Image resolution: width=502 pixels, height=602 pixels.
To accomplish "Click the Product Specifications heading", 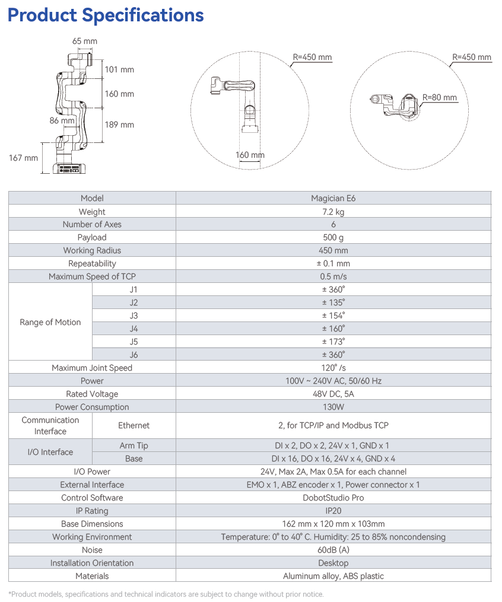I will (x=106, y=15).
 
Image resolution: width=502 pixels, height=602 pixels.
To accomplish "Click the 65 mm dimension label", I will (x=85, y=42).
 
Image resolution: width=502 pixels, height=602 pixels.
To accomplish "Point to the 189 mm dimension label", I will (x=119, y=125).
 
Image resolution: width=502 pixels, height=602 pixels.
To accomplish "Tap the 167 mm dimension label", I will (x=23, y=158).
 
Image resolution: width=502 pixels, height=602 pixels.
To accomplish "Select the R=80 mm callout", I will (x=440, y=97).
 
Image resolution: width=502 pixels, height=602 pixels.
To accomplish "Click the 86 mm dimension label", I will (x=62, y=120).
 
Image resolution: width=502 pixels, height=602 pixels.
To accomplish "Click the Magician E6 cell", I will (x=333, y=198).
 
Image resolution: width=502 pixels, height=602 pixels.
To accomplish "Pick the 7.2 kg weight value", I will (x=333, y=212).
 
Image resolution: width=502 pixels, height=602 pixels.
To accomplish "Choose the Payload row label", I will (x=92, y=237).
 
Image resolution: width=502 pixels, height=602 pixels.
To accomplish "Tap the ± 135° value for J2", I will (x=333, y=302).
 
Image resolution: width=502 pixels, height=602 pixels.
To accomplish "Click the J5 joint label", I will (x=134, y=342).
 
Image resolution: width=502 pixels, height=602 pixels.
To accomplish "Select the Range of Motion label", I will (x=50, y=322).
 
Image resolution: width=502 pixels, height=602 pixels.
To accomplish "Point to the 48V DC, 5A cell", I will (x=333, y=394).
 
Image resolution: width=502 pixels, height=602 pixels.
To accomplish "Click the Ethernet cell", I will (x=134, y=425).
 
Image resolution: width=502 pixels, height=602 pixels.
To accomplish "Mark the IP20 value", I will (x=333, y=511).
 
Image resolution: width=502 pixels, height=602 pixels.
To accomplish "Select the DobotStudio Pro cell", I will (x=333, y=498).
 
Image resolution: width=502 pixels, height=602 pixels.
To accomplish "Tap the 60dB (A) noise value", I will (x=333, y=550).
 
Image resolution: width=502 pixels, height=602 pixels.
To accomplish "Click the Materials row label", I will (x=92, y=576).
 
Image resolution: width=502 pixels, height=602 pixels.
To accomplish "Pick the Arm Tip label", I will (x=134, y=445).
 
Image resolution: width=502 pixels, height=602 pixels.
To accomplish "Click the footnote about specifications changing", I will (x=166, y=594).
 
